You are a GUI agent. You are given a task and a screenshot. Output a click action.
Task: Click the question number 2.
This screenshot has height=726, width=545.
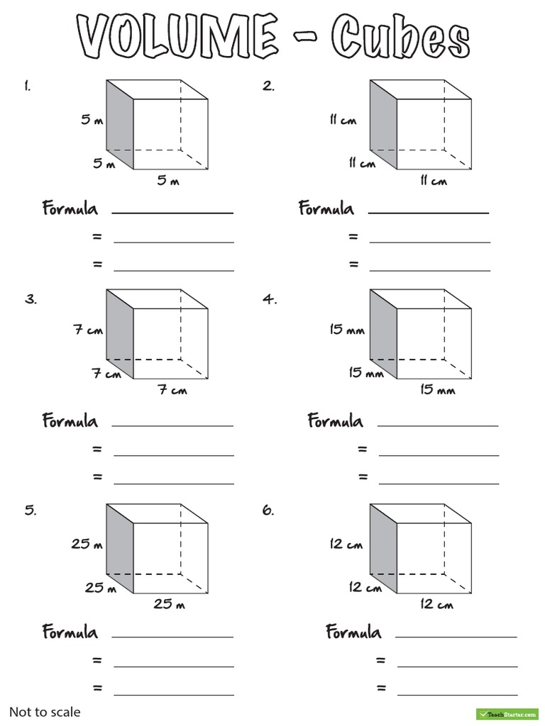(268, 86)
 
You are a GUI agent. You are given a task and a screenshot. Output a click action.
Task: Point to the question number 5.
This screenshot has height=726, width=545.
(30, 510)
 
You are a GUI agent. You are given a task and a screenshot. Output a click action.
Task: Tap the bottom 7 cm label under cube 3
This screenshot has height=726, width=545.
(172, 391)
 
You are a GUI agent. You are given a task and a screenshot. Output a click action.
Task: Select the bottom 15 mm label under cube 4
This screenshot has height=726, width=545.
(437, 391)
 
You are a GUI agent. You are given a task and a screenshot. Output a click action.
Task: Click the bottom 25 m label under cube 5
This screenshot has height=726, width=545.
(170, 605)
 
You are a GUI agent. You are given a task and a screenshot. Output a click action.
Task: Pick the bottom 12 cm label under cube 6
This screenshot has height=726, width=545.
(436, 605)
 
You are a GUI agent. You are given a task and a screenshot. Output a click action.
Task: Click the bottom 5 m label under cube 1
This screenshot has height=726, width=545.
(168, 181)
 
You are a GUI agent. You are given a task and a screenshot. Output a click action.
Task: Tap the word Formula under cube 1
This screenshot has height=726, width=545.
(70, 209)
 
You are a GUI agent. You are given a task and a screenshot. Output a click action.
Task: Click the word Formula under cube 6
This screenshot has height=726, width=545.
(353, 632)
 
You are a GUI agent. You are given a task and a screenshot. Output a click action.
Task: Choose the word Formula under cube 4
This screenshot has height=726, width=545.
(335, 421)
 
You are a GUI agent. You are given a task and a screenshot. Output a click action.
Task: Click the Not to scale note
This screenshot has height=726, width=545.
(45, 712)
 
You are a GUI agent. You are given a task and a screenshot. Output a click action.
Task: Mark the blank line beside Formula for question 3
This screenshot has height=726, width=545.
(172, 425)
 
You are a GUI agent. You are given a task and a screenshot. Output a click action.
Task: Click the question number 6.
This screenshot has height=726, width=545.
(268, 510)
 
